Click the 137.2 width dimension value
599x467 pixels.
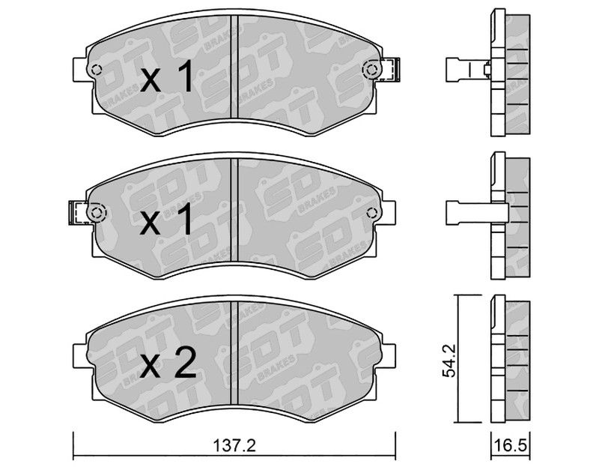coord(234,445)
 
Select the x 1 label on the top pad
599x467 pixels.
coord(166,78)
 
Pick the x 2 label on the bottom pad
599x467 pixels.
coord(168,363)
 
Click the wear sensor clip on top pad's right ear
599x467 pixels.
coord(389,69)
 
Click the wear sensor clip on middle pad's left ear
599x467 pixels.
coord(79,212)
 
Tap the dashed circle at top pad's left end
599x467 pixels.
coord(97,70)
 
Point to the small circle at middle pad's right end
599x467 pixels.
coord(371,212)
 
